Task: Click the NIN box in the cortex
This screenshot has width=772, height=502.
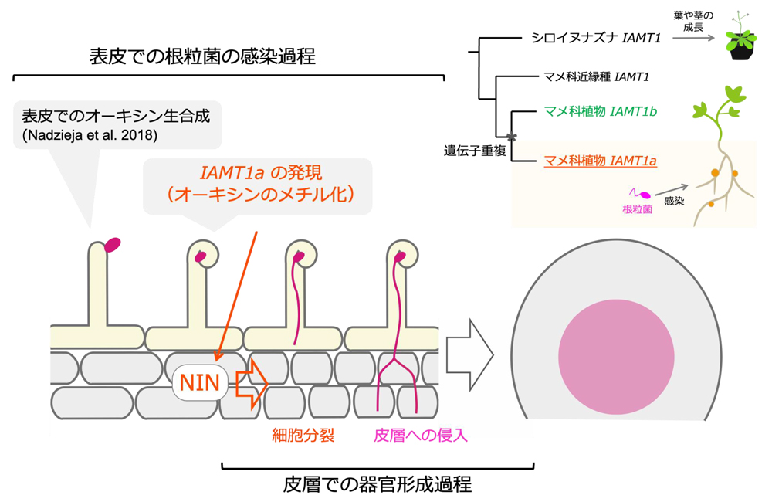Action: point(199,382)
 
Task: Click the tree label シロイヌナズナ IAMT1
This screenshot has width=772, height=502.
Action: point(591,37)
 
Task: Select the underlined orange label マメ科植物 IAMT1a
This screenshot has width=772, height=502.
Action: point(600,161)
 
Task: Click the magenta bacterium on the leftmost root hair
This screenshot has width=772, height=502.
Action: point(113,245)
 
